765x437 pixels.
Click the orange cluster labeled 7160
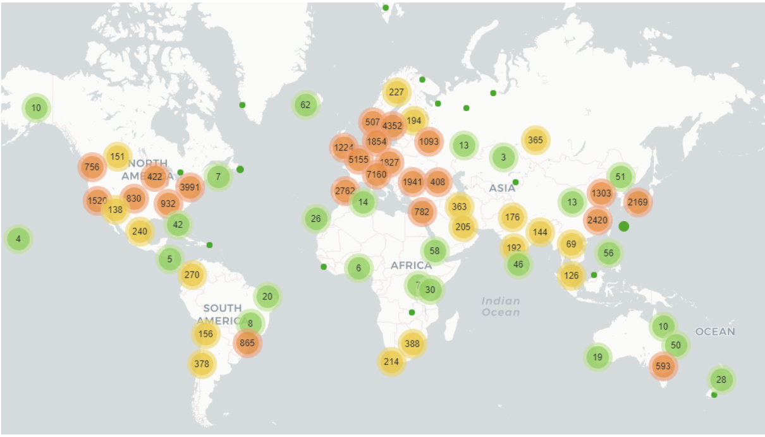[376, 174]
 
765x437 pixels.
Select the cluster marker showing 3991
[190, 187]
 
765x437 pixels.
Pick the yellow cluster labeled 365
[535, 140]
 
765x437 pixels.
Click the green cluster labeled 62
[306, 105]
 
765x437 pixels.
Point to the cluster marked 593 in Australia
[663, 366]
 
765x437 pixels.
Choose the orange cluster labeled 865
[247, 344]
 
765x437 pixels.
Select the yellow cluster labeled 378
[202, 364]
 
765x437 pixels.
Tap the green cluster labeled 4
[18, 239]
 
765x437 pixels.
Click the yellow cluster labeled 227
[396, 92]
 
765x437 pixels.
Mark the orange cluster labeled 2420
[597, 220]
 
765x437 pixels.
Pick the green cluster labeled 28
[721, 380]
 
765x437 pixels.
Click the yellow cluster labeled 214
[391, 361]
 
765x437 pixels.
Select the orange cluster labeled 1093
[429, 141]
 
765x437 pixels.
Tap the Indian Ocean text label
[501, 307]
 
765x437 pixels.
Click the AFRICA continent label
[411, 265]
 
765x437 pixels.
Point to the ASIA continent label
[503, 188]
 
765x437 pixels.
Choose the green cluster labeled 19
[597, 357]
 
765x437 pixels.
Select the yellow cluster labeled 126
[572, 275]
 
